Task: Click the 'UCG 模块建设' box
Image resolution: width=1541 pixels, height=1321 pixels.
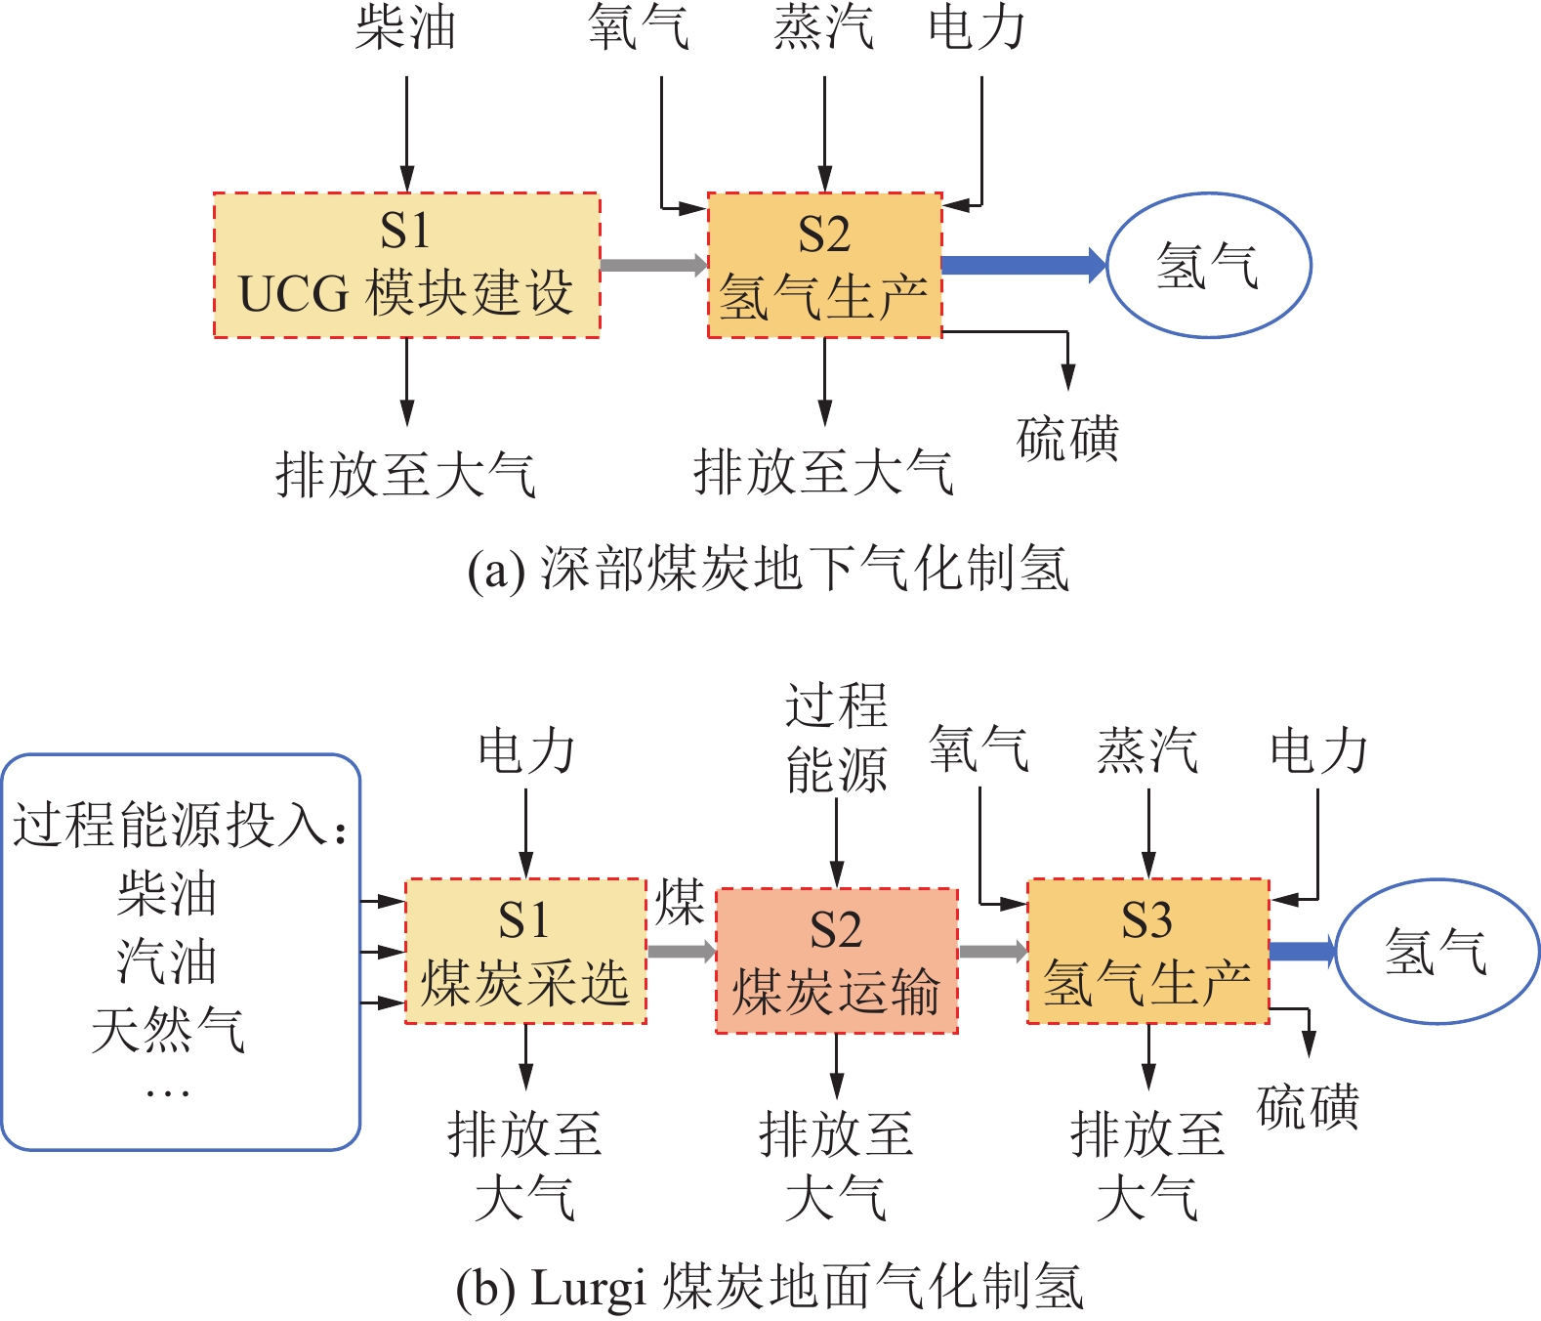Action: point(406,265)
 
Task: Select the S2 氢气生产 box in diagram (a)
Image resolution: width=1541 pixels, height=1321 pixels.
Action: point(824,265)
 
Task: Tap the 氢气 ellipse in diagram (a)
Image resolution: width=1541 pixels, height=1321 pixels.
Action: point(1208,265)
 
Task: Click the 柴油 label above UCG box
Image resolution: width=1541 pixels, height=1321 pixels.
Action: point(405,27)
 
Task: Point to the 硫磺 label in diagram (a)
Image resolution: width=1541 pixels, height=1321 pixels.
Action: point(1067,439)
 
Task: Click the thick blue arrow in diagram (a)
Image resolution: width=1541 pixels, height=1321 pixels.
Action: point(1021,265)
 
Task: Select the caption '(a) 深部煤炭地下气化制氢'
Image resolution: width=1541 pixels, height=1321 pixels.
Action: point(769,569)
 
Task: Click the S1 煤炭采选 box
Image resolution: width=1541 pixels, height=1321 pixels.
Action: point(525,951)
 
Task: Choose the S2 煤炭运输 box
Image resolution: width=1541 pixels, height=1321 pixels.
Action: point(836,960)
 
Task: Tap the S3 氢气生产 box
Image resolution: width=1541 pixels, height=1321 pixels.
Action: point(1147,951)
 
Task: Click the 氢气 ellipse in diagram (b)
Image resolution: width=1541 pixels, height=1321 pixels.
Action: point(1437,951)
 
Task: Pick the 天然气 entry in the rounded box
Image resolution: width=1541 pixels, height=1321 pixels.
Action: point(168,1030)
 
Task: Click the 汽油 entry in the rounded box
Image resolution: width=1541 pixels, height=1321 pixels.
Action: point(167,962)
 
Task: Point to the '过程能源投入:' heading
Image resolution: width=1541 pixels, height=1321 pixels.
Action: point(180,826)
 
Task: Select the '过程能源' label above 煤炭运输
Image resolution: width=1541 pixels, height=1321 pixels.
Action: point(836,739)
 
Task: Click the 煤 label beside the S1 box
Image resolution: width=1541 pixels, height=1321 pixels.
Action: point(680,902)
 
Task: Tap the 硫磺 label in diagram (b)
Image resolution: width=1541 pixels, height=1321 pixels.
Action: point(1308,1107)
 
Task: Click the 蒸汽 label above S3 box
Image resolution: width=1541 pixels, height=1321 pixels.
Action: point(1147,750)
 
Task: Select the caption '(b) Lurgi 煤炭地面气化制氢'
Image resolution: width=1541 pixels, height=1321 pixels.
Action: point(770,1287)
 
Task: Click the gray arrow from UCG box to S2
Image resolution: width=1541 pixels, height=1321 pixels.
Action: point(652,265)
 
